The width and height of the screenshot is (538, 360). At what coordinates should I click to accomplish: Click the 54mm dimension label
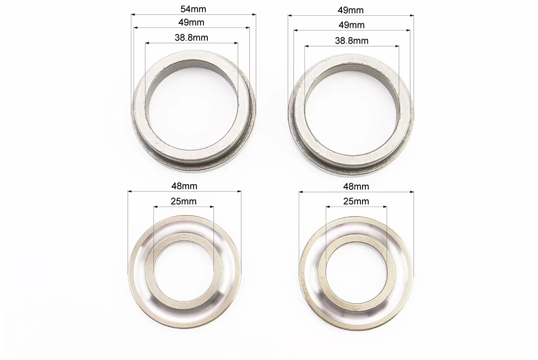[193, 9]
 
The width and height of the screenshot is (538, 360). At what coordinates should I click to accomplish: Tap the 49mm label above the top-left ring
[191, 22]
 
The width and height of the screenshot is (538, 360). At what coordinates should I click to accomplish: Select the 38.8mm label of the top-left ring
[192, 37]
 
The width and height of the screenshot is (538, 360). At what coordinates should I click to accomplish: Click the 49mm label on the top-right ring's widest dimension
[351, 10]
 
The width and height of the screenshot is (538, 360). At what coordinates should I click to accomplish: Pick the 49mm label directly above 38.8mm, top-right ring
[351, 25]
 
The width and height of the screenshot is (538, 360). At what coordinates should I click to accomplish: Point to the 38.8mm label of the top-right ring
[352, 40]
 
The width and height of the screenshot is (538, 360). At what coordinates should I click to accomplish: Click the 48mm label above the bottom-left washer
[184, 186]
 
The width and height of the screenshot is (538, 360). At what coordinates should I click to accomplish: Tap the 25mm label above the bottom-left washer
[184, 201]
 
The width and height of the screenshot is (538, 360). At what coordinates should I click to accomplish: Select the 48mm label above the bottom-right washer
[356, 186]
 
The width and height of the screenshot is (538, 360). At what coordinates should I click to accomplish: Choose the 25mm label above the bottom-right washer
[356, 201]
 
